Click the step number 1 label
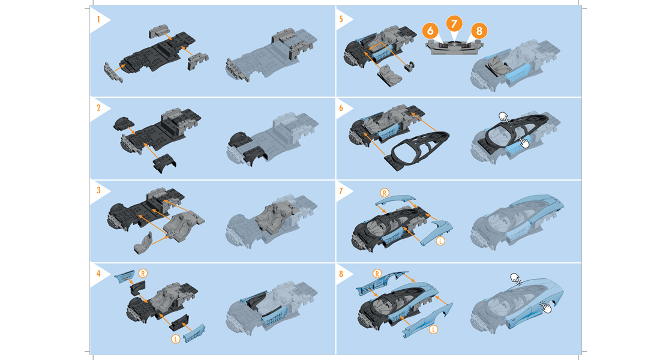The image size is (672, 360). pyautogui.click(x=98, y=19)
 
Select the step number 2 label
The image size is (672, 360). pyautogui.click(x=98, y=108)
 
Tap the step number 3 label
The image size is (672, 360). pyautogui.click(x=98, y=190)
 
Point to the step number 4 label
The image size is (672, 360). pyautogui.click(x=98, y=274)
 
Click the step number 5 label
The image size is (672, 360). pyautogui.click(x=341, y=19)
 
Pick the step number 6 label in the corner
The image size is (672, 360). pyautogui.click(x=341, y=108)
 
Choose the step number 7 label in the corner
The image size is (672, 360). pyautogui.click(x=341, y=190)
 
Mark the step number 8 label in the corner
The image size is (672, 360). pyautogui.click(x=341, y=274)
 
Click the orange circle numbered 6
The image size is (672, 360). pyautogui.click(x=430, y=31)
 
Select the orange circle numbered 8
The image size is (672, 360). pyautogui.click(x=479, y=31)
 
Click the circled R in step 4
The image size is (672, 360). pyautogui.click(x=143, y=274)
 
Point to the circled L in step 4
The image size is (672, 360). pyautogui.click(x=175, y=339)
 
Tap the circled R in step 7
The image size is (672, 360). pyautogui.click(x=385, y=193)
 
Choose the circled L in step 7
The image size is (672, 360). pyautogui.click(x=440, y=241)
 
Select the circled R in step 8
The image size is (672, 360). pyautogui.click(x=377, y=274)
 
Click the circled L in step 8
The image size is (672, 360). pyautogui.click(x=434, y=329)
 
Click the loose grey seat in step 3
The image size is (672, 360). pyautogui.click(x=143, y=243)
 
